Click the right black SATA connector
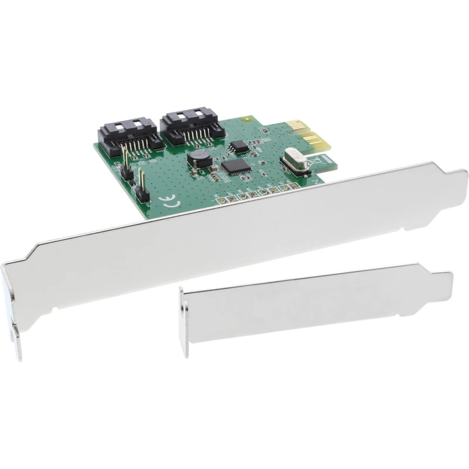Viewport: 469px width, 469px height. tap(190, 127)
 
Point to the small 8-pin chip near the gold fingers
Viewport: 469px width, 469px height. tap(239, 145)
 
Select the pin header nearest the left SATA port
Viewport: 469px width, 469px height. tap(125, 162)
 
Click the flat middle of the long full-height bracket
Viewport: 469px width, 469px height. tap(235, 229)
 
